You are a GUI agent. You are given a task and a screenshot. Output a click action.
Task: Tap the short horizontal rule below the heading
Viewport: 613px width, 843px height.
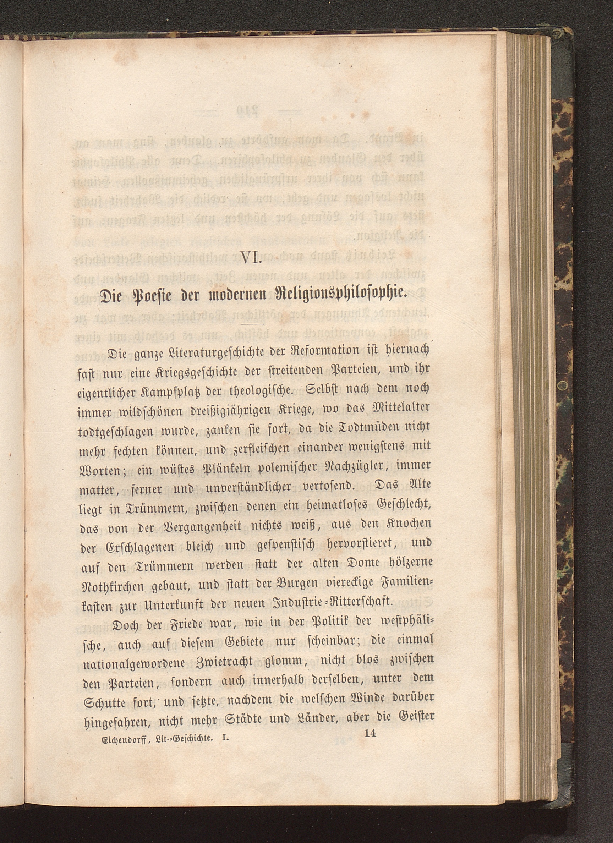pyautogui.click(x=252, y=324)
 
